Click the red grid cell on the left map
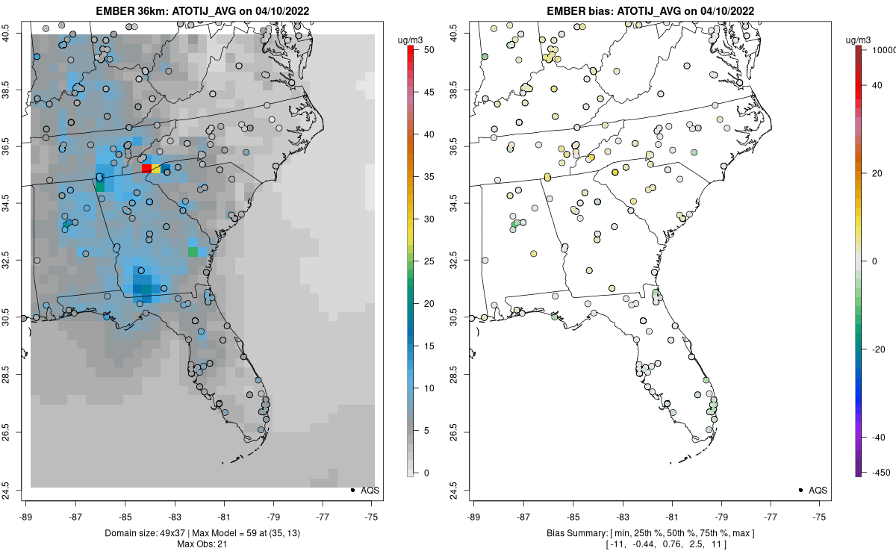pos(146,169)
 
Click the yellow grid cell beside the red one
pos(156,169)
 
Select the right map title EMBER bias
pos(650,11)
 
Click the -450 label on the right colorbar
pos(878,473)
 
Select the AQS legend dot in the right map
pos(800,491)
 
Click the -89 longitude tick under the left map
pos(25,516)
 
